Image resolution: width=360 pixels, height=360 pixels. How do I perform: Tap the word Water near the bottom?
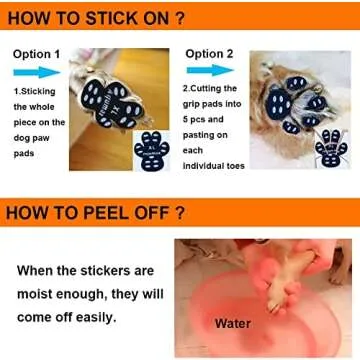coord(233,324)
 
